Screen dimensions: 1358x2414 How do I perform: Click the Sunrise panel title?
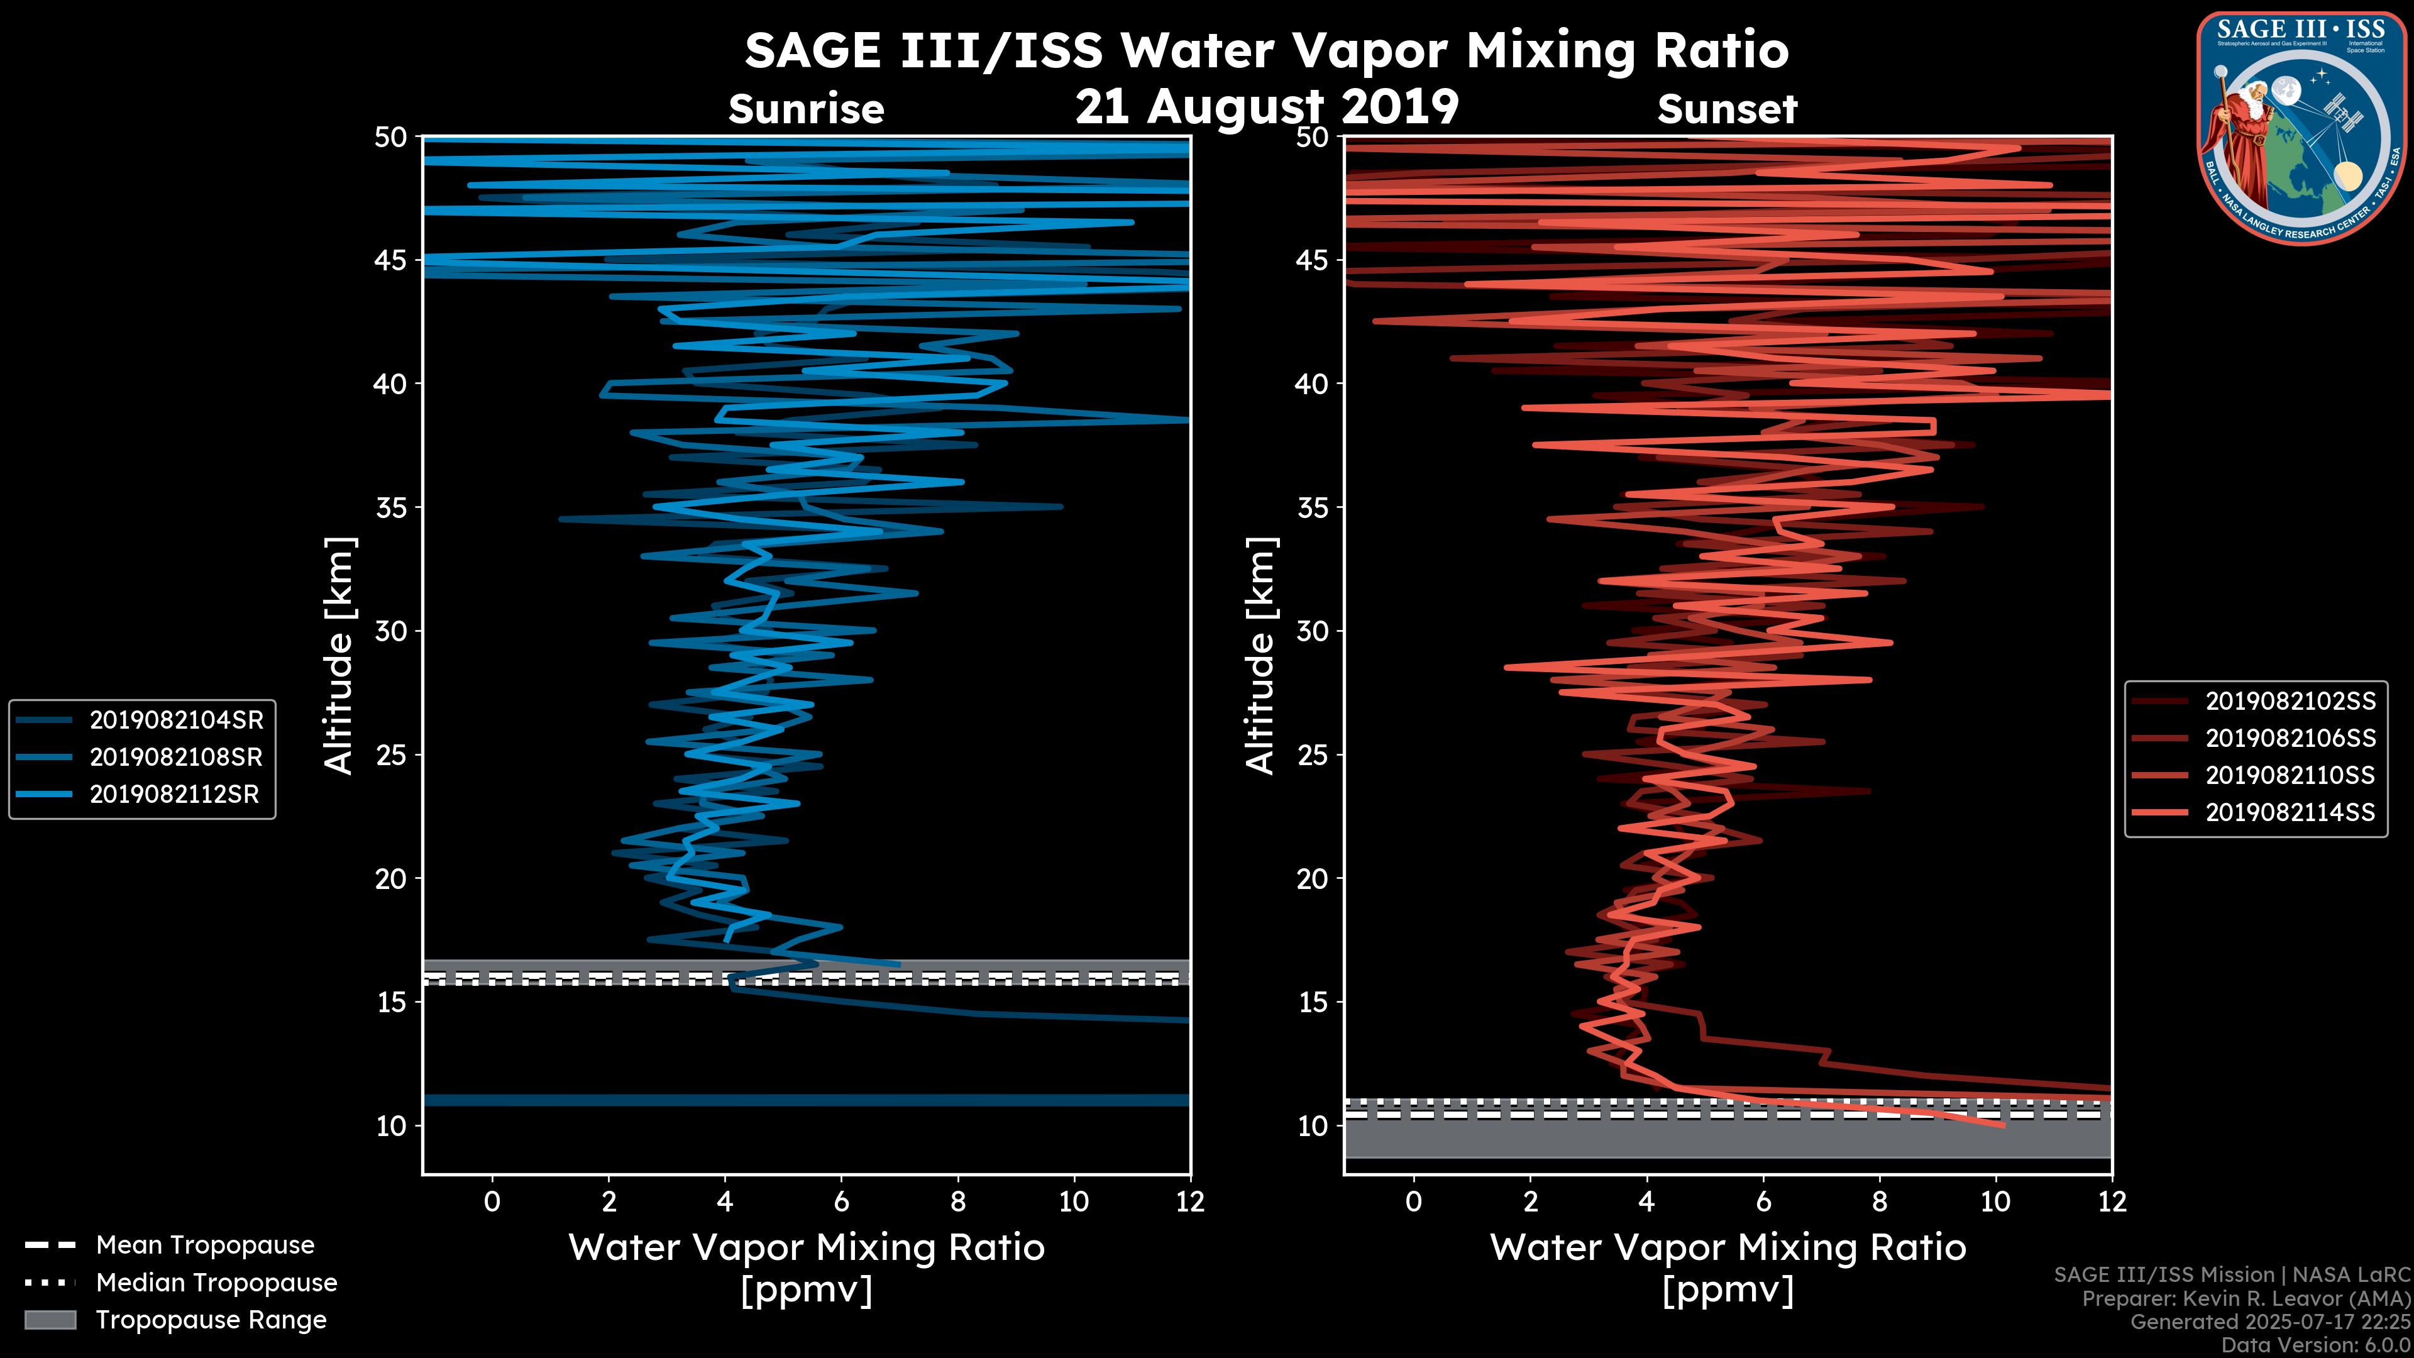(x=806, y=109)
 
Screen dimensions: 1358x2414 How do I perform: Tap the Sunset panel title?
(x=1727, y=109)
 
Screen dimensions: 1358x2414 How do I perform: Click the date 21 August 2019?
(x=1267, y=107)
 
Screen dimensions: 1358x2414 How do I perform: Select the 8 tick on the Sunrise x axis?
(x=957, y=1201)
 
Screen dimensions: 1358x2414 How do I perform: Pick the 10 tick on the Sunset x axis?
(x=1995, y=1201)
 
